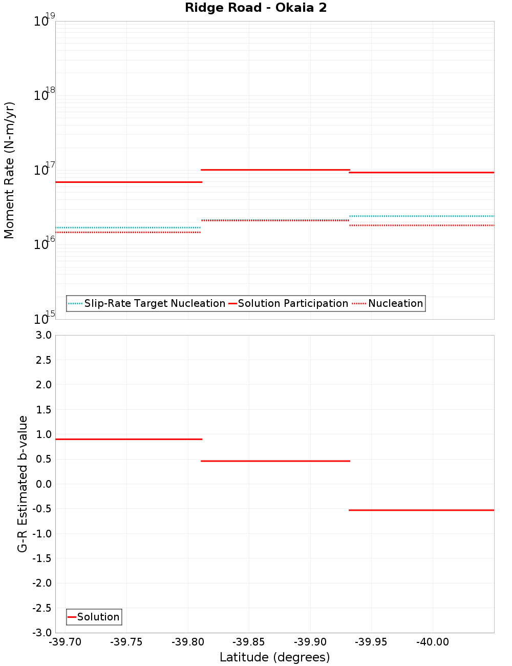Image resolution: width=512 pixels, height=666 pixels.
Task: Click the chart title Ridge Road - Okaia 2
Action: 255,8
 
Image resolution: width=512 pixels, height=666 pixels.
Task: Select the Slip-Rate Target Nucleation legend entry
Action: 147,304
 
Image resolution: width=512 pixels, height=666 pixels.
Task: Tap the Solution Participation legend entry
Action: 288,304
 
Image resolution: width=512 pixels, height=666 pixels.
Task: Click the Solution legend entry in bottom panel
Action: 94,617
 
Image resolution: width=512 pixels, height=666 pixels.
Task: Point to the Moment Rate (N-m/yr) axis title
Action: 9,170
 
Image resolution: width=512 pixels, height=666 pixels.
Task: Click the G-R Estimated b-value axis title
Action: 23,484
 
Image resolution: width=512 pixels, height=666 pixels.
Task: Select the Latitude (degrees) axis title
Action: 274,657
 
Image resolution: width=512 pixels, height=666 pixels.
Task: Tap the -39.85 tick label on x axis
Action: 249,642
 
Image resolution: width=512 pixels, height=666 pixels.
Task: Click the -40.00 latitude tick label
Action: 432,642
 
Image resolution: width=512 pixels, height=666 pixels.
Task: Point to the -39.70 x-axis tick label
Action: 65,642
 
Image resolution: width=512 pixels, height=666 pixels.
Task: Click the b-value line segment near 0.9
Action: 128,439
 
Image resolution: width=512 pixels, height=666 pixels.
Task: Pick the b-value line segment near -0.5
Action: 421,510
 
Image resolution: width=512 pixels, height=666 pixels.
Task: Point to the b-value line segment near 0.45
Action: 275,461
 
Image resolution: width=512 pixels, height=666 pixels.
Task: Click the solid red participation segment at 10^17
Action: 275,170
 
